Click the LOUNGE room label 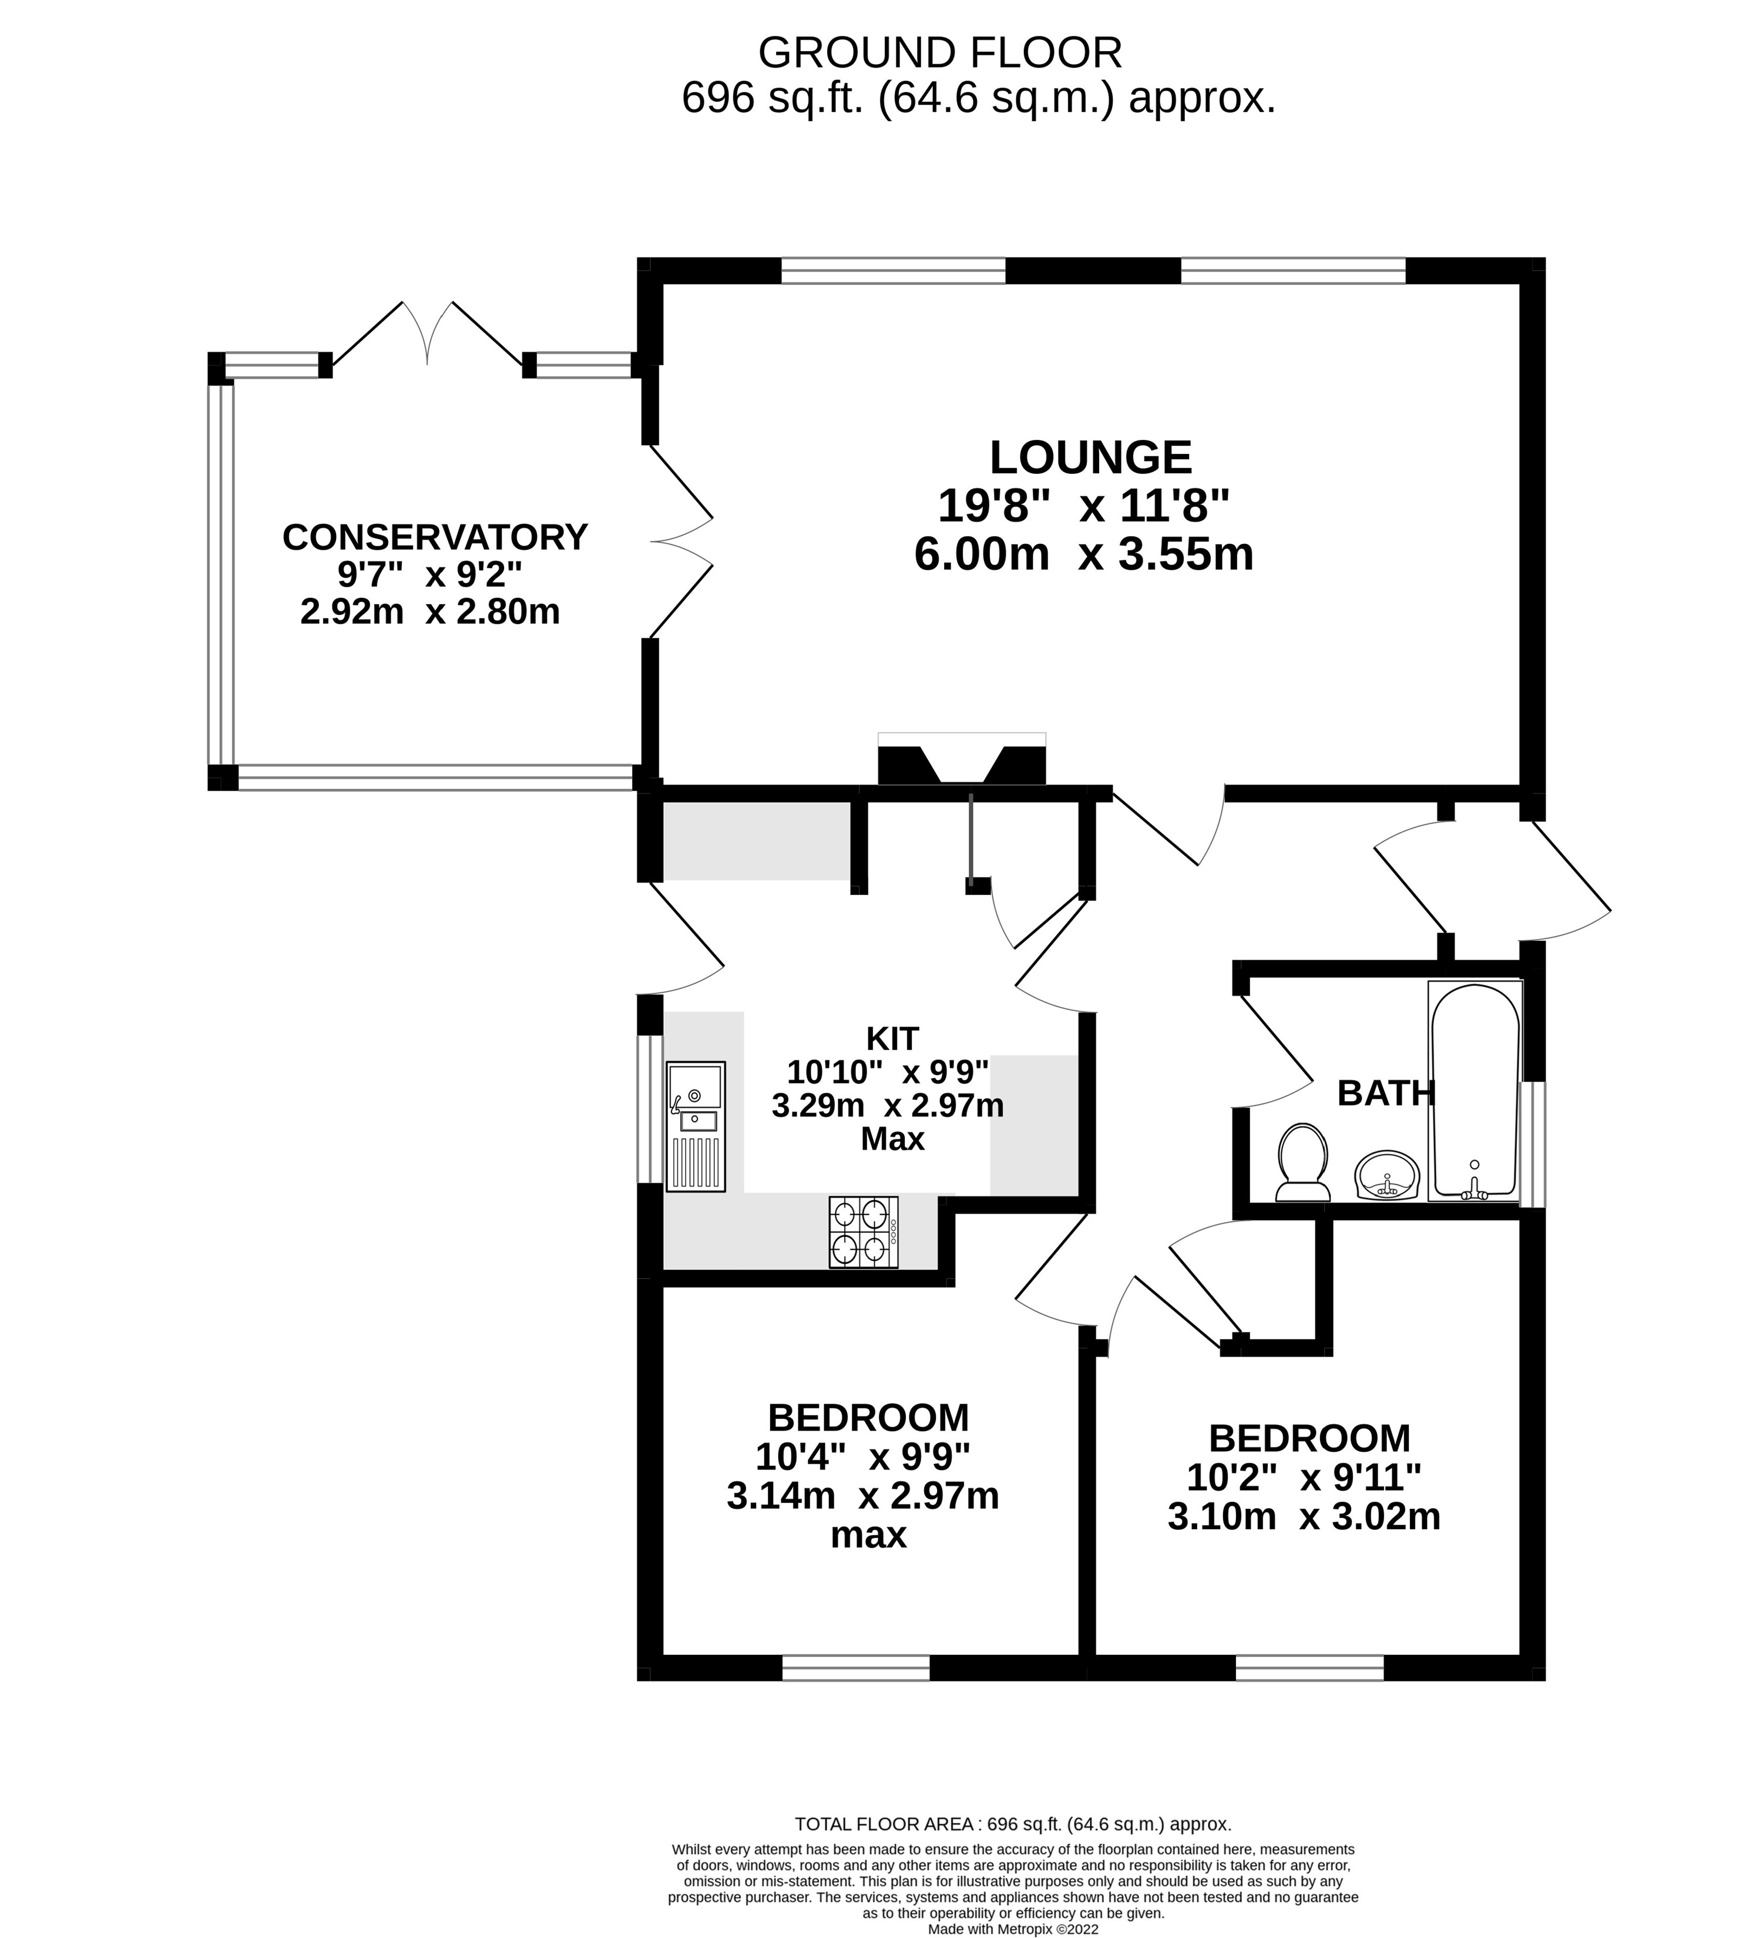click(1090, 457)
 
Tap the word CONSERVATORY click(435, 536)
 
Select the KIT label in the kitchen click(891, 1038)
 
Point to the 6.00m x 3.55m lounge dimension click(1084, 554)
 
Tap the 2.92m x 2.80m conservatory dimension click(430, 611)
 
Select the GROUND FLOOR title click(939, 53)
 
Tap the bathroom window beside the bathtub click(1532, 1144)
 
